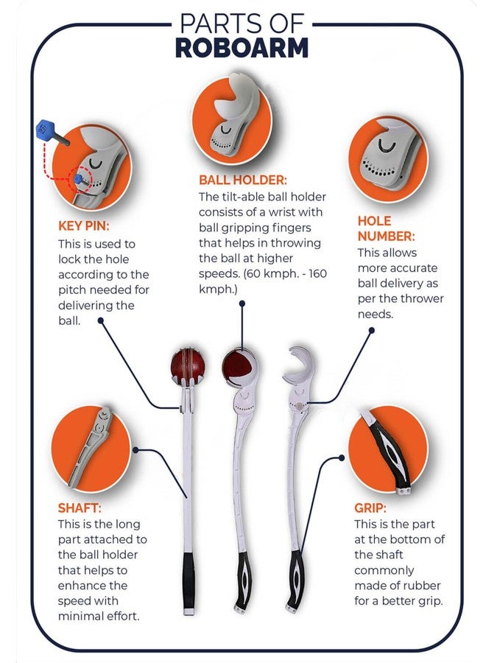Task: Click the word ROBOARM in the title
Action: [242, 48]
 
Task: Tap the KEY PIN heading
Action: [84, 226]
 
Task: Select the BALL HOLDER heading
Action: [242, 180]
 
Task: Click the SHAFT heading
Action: [80, 508]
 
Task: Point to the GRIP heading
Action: [370, 508]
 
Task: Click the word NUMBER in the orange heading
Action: [387, 236]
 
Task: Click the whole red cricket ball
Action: [188, 365]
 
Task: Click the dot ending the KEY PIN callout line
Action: [101, 320]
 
